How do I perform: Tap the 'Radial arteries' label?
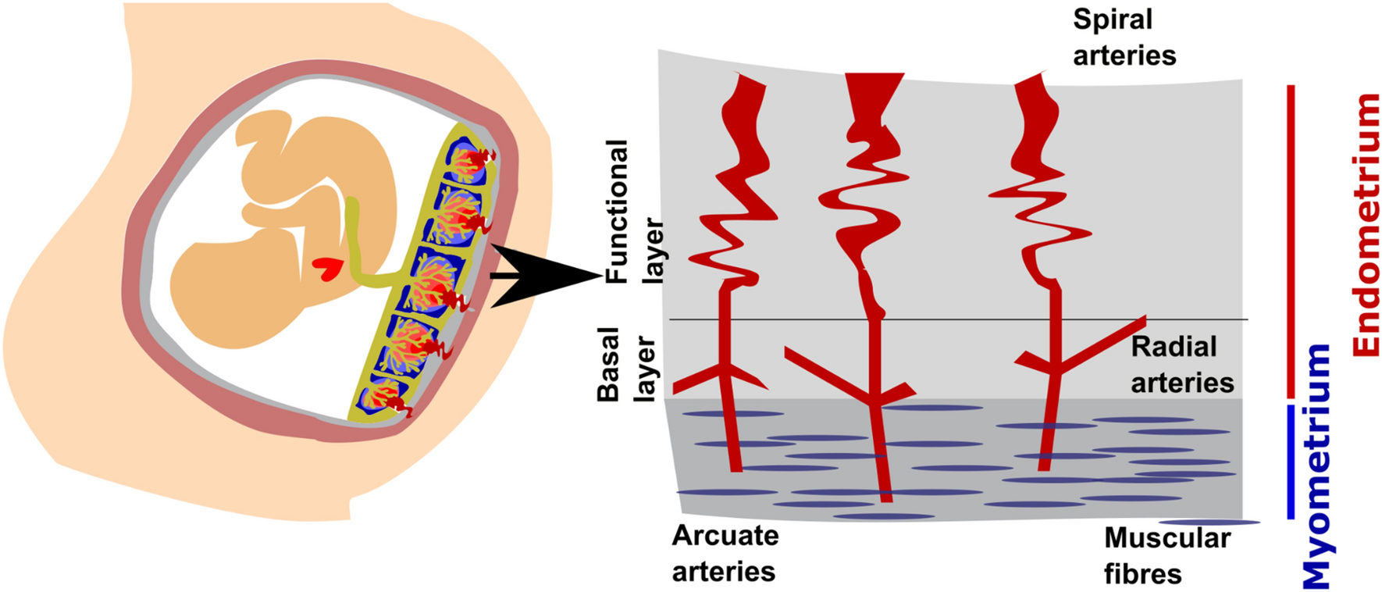click(1181, 365)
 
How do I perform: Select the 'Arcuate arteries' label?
click(725, 553)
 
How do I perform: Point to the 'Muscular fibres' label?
click(1167, 555)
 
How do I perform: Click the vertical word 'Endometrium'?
click(1366, 225)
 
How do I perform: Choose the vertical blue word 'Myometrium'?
click(1316, 465)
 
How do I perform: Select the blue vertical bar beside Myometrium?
click(1291, 461)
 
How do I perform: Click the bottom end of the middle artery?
click(885, 495)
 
